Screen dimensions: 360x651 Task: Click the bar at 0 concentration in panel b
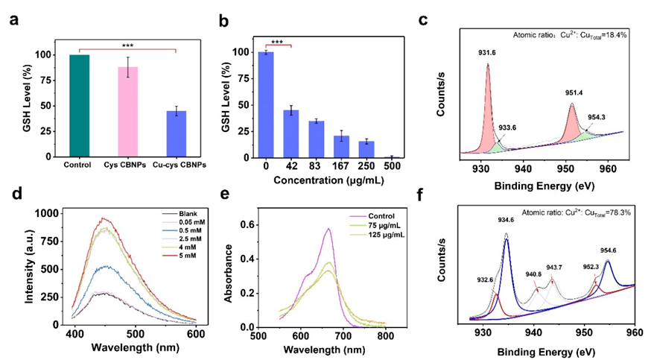click(264, 104)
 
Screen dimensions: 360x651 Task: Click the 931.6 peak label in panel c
click(486, 52)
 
